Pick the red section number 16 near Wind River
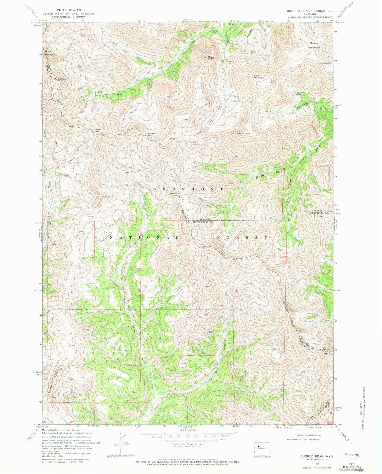tap(117, 333)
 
